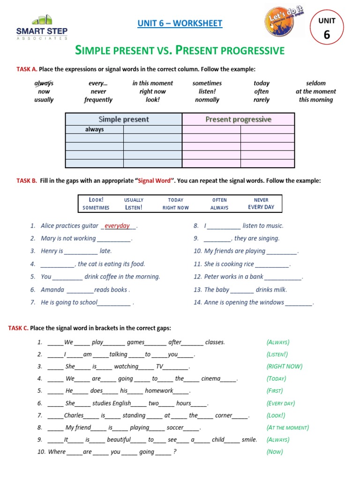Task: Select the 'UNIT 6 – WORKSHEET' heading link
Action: point(180,23)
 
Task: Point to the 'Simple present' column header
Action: point(123,120)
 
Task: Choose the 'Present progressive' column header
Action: point(238,120)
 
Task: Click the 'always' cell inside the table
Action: point(94,129)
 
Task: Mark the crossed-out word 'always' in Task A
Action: point(44,83)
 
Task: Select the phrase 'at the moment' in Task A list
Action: point(315,91)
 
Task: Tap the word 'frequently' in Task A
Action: point(98,100)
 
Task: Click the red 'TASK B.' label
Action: point(27,180)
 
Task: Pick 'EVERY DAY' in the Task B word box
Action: point(261,207)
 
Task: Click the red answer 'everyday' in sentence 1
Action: point(117,226)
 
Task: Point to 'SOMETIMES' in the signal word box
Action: point(96,208)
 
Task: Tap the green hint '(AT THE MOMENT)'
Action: point(287,427)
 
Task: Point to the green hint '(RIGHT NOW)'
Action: point(284,367)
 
